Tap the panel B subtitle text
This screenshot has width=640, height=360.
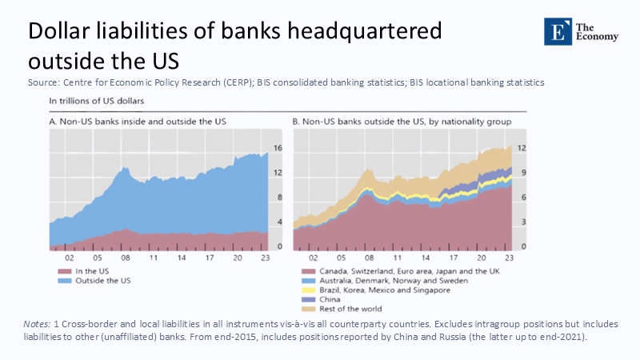click(x=402, y=122)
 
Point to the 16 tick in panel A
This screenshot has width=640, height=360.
click(x=278, y=148)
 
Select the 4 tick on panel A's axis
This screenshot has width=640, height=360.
click(x=278, y=222)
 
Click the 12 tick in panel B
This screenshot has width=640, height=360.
click(x=520, y=148)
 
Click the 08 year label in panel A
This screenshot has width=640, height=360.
click(x=125, y=258)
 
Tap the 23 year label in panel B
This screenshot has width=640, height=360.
click(x=508, y=258)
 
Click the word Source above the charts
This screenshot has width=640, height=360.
click(x=44, y=82)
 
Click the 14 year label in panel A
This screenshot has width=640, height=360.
click(x=182, y=258)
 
